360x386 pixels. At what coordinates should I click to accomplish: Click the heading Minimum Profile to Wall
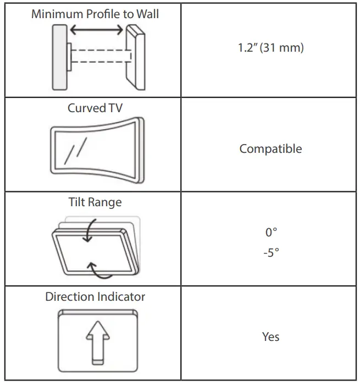[95, 14]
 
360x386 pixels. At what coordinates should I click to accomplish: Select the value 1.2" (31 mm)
[270, 48]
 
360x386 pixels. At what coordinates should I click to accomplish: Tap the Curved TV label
[95, 108]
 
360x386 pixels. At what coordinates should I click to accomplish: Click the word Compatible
[270, 148]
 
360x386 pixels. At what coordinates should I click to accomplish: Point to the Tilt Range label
[95, 202]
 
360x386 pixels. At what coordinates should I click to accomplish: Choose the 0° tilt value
[270, 233]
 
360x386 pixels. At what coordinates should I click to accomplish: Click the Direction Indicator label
[95, 297]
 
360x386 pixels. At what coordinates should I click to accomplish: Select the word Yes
[270, 337]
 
